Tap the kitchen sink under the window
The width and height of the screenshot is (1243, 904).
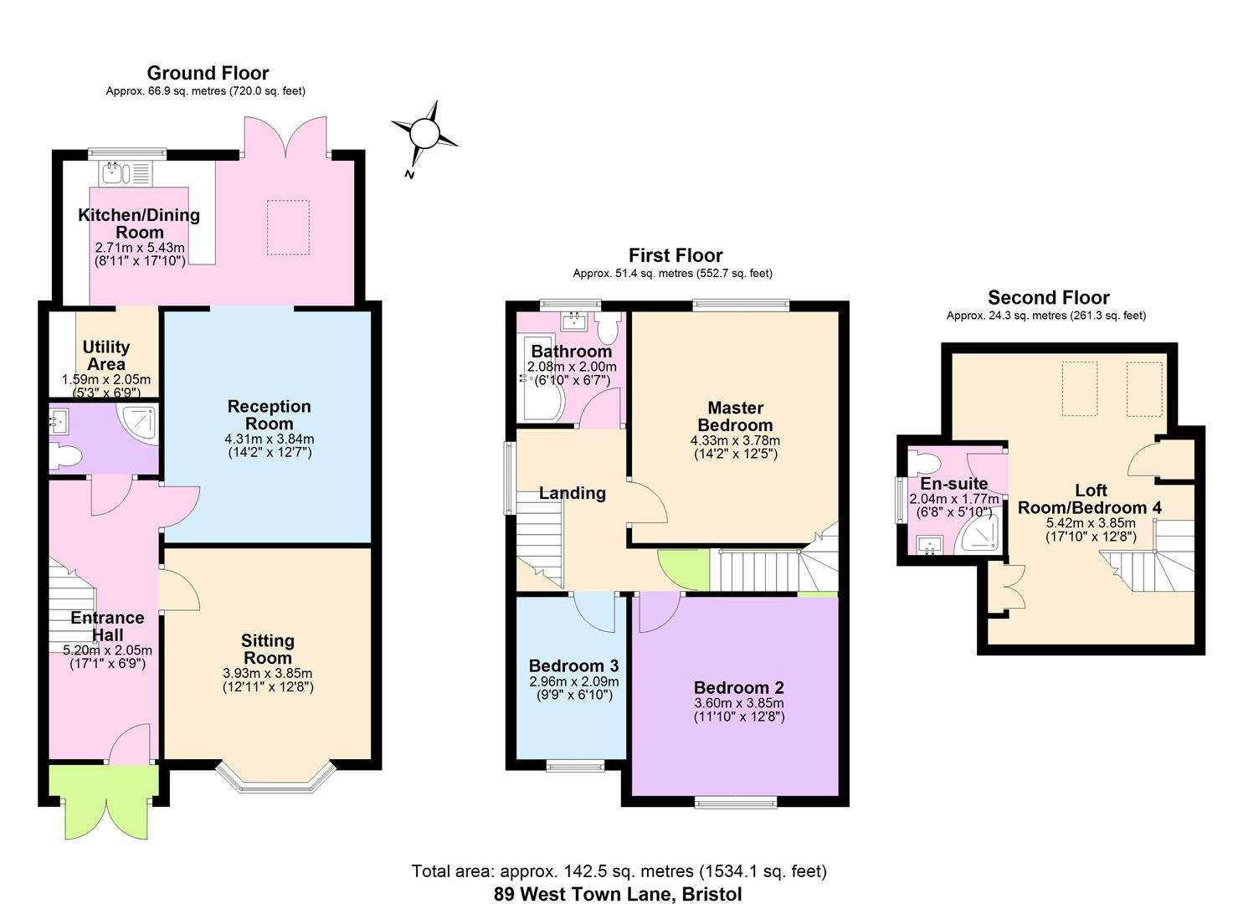tap(126, 173)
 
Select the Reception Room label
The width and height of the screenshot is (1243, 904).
tap(270, 414)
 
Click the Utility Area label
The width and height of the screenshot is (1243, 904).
tap(106, 355)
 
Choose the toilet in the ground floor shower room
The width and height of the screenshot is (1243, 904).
tap(65, 457)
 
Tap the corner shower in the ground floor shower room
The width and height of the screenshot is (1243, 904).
tap(138, 423)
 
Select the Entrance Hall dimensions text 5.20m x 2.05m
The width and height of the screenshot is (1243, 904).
tap(108, 650)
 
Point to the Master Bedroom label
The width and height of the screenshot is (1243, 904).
tap(735, 416)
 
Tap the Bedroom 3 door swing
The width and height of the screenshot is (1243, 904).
tap(594, 612)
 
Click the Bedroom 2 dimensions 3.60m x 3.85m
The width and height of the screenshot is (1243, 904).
tap(739, 702)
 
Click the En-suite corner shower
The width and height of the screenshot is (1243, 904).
tap(982, 534)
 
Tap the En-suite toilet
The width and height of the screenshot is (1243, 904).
tap(925, 462)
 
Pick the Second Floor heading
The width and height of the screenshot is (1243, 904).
tap(1049, 297)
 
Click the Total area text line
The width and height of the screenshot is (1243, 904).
tap(619, 871)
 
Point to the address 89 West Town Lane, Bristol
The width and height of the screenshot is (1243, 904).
tap(618, 894)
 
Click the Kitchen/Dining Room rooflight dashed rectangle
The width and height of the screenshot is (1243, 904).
tap(288, 228)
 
